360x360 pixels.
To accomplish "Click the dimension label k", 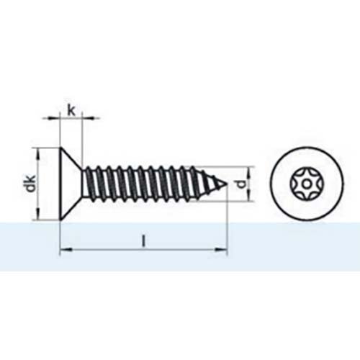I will pyautogui.click(x=71, y=109).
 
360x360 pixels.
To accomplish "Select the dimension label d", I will pyautogui.click(x=246, y=184).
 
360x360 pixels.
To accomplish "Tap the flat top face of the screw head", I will pyautogui.click(x=58, y=184).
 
